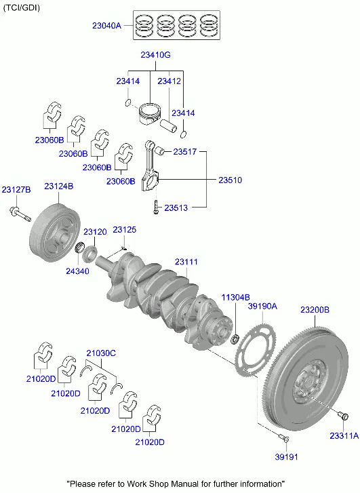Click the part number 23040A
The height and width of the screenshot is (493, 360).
click(x=106, y=26)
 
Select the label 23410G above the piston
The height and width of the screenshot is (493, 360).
click(x=155, y=55)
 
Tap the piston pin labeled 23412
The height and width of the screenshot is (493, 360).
click(x=169, y=125)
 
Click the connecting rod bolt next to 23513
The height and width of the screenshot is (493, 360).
click(x=156, y=208)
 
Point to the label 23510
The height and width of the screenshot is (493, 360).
click(x=230, y=180)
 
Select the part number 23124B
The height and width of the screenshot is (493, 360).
click(x=59, y=186)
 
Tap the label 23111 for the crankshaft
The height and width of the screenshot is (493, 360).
click(x=186, y=262)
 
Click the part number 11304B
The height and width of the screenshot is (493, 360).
click(x=235, y=297)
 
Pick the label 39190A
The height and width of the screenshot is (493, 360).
click(x=262, y=307)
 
